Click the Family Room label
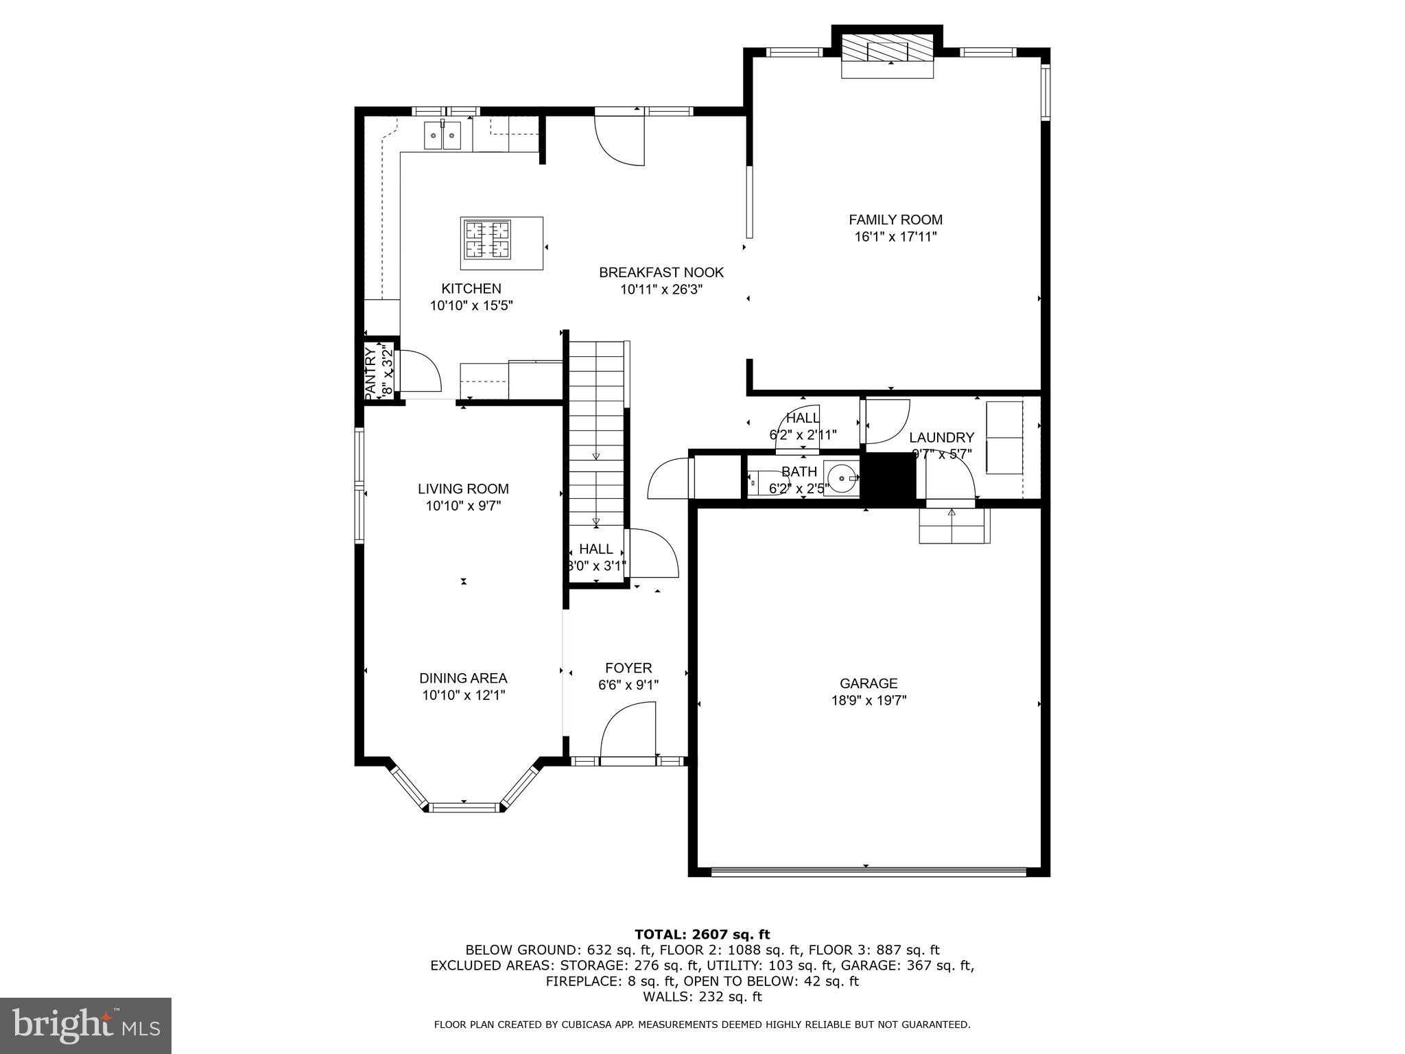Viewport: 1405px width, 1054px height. coord(895,220)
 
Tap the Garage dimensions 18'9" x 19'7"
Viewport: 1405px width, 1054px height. coord(869,701)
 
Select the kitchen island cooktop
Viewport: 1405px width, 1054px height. coord(487,239)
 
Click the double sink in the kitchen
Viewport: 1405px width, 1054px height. coord(442,135)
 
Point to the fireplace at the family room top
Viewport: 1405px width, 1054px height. coord(888,51)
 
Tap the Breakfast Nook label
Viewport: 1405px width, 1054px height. coord(661,272)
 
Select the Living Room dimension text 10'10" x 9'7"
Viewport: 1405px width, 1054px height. coord(464,506)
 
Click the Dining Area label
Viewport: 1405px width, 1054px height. coord(463,678)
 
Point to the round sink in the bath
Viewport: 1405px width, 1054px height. coord(842,478)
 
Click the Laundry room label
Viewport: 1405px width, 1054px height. coord(941,438)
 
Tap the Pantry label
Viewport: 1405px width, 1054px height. coord(370,374)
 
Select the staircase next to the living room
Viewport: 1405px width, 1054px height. coord(595,432)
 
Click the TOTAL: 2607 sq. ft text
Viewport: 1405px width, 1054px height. coord(702,934)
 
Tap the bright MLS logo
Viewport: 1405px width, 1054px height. coord(86,1025)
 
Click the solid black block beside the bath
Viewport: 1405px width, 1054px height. coord(888,478)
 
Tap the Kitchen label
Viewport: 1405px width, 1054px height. coord(471,288)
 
